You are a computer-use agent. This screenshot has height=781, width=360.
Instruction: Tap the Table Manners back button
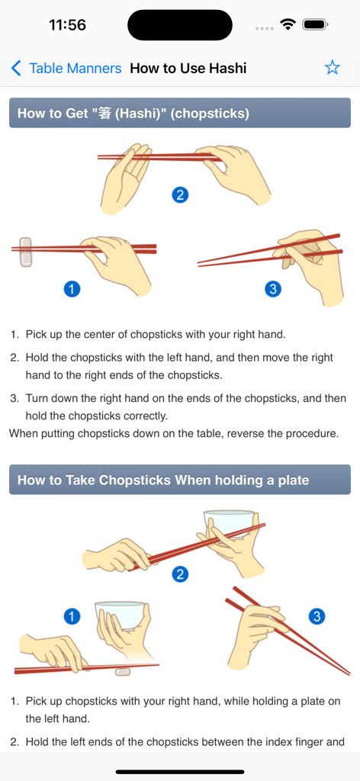[x=66, y=69]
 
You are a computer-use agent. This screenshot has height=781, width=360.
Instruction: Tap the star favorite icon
[x=332, y=68]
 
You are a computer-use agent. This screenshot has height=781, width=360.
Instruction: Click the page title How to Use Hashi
[x=188, y=69]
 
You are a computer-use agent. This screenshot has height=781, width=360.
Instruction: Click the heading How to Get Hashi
[x=133, y=114]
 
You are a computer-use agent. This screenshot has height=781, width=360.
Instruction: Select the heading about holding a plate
[x=163, y=480]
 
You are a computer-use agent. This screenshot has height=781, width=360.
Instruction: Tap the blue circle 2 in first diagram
[x=180, y=194]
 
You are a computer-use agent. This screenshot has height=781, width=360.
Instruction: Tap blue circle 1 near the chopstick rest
[x=72, y=288]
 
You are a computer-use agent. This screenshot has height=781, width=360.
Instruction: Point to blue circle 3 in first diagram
[x=273, y=288]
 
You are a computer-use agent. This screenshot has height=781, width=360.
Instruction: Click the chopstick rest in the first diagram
[x=26, y=252]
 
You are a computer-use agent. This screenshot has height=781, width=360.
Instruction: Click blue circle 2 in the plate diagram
[x=181, y=574]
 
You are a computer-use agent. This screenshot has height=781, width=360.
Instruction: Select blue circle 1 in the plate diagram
[x=72, y=616]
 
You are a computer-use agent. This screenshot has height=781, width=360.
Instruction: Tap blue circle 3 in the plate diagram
[x=317, y=616]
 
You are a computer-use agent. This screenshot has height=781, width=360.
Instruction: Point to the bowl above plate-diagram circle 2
[x=228, y=524]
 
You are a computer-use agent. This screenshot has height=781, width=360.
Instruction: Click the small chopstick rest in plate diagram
[x=122, y=671]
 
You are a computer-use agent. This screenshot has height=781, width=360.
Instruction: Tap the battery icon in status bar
[x=314, y=24]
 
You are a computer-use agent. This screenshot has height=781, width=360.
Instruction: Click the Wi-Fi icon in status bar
[x=288, y=24]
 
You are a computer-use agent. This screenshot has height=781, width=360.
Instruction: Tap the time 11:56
[x=67, y=25]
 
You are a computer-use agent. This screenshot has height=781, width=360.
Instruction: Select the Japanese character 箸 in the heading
[x=105, y=114]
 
